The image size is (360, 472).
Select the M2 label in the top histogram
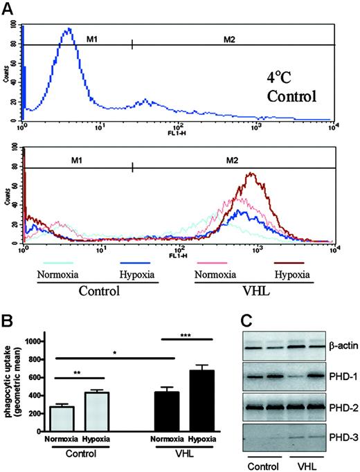click(x=230, y=39)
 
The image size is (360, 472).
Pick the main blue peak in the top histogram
click(x=68, y=31)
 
